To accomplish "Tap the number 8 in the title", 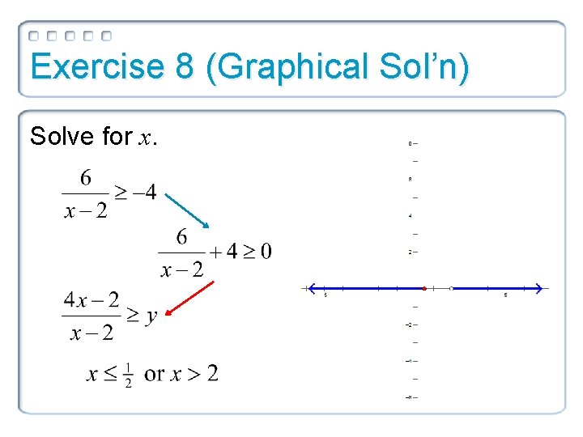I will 184,67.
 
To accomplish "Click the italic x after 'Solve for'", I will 146,138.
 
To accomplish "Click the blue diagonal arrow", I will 185,206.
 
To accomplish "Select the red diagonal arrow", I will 189,300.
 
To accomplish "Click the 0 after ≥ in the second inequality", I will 266,252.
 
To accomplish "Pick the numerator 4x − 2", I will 91,301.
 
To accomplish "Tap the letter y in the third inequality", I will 151,316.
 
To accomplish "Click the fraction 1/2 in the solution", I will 129,374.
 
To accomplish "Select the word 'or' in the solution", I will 155,374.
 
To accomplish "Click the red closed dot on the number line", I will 423,288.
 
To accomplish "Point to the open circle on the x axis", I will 451,288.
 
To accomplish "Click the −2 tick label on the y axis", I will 411,325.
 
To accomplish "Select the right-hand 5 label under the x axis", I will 506,296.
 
